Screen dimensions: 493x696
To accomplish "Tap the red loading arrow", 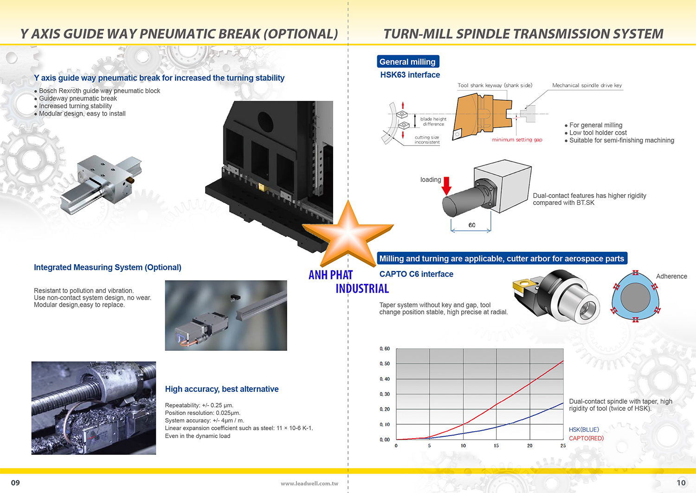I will [446, 185].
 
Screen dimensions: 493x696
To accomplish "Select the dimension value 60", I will [471, 225].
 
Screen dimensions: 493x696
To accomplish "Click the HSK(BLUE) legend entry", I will [584, 430].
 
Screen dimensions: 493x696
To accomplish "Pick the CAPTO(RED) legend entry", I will [586, 438].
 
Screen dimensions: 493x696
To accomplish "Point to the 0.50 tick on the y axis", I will [385, 364].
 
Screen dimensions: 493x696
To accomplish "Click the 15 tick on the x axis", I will [496, 446].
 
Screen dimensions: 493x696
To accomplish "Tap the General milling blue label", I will [407, 62].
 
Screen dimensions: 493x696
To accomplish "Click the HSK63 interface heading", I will [410, 75].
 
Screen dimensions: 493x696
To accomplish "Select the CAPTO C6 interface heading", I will [416, 274].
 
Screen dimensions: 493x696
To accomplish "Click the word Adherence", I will [671, 276].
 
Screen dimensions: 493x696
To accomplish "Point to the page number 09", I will [15, 483].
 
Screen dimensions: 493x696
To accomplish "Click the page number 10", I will [681, 483].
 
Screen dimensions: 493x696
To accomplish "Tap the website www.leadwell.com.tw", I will [309, 483].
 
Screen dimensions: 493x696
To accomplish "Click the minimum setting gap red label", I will [517, 140].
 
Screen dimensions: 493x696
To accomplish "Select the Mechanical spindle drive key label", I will [586, 85].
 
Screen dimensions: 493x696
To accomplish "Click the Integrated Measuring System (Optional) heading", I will [108, 268].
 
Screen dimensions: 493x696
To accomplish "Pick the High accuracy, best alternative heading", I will [222, 389].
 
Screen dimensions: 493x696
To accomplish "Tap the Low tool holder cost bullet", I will [598, 133].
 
